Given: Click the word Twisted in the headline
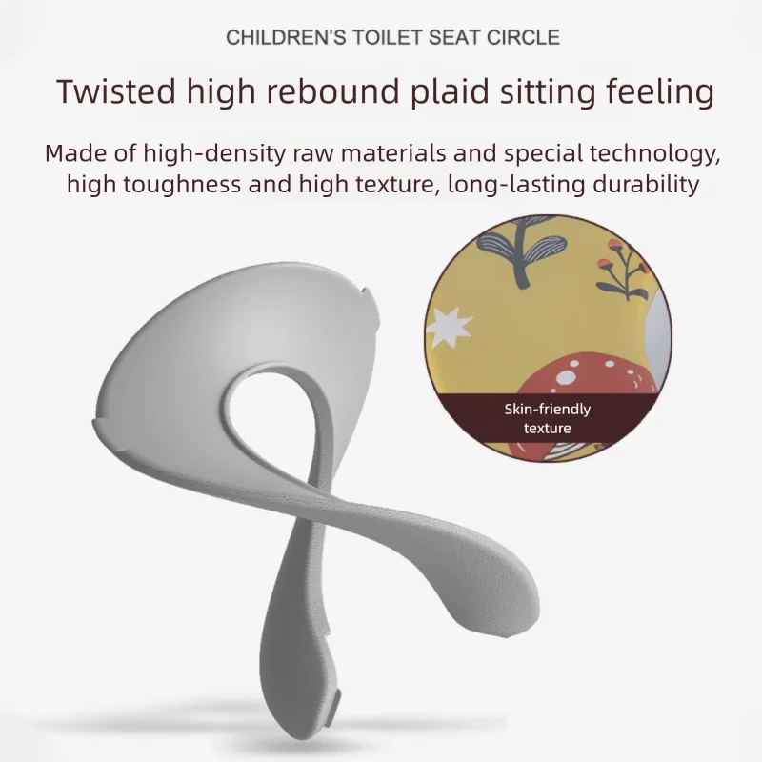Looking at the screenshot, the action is click(116, 91).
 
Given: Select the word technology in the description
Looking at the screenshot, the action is click(652, 154).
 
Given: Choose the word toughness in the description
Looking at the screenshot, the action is click(182, 185).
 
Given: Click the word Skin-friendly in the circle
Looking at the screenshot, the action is click(547, 410).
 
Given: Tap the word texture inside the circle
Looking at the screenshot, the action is click(547, 428).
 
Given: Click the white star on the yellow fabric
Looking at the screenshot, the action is click(448, 327).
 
